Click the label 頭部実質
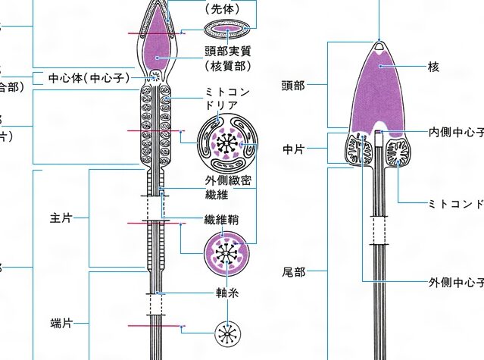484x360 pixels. click(x=228, y=51)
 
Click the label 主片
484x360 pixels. click(x=61, y=196)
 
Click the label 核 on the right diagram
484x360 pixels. click(x=433, y=67)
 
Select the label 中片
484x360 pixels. click(x=293, y=149)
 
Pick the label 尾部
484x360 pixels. click(x=293, y=271)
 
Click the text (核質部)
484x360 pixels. click(x=228, y=66)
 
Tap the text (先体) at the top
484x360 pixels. click(x=228, y=10)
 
